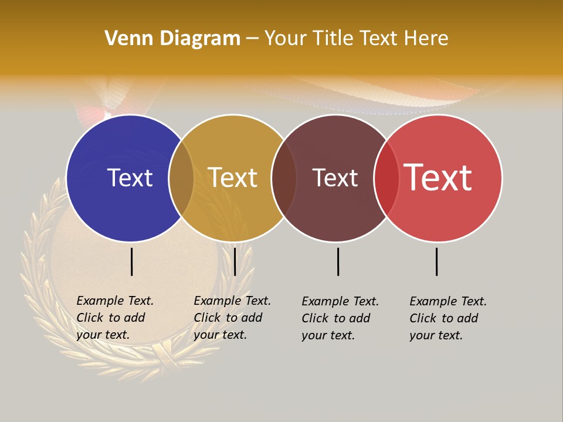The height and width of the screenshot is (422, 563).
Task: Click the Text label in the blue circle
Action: click(130, 178)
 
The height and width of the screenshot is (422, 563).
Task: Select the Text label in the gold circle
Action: click(233, 178)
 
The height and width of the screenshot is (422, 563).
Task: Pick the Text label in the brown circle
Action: click(335, 178)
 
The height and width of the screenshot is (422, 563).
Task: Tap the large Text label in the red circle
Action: click(437, 178)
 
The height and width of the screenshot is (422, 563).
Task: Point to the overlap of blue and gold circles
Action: click(181, 178)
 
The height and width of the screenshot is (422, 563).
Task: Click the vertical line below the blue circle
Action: click(132, 261)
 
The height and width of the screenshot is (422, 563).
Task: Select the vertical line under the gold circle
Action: click(235, 261)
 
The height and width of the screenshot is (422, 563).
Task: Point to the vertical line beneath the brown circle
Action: click(338, 261)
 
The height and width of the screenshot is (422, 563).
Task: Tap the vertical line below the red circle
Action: click(437, 261)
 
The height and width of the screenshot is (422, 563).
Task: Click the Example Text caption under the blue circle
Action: click(114, 318)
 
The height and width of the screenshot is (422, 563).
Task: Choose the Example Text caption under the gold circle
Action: click(232, 318)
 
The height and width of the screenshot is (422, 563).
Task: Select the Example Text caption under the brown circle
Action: click(340, 318)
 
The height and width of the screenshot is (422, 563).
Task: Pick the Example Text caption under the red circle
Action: click(447, 318)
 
